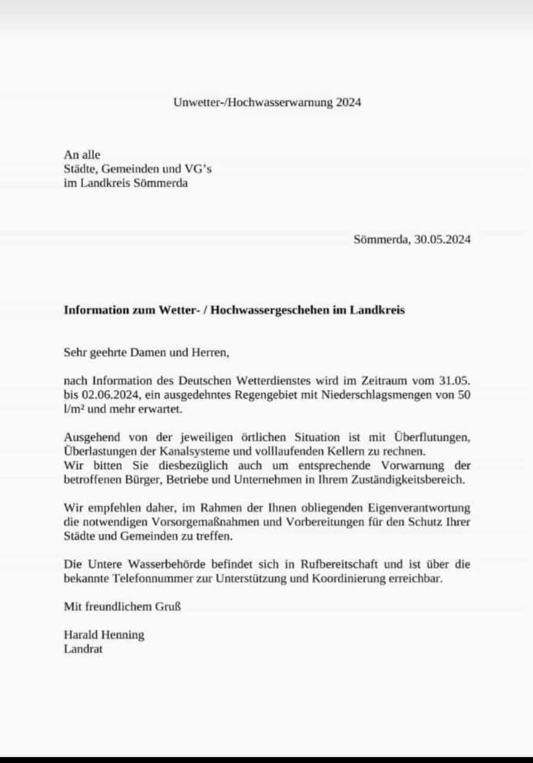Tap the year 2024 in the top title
point(348,102)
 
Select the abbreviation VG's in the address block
point(197,169)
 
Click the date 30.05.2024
point(443,240)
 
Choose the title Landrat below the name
point(83,649)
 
